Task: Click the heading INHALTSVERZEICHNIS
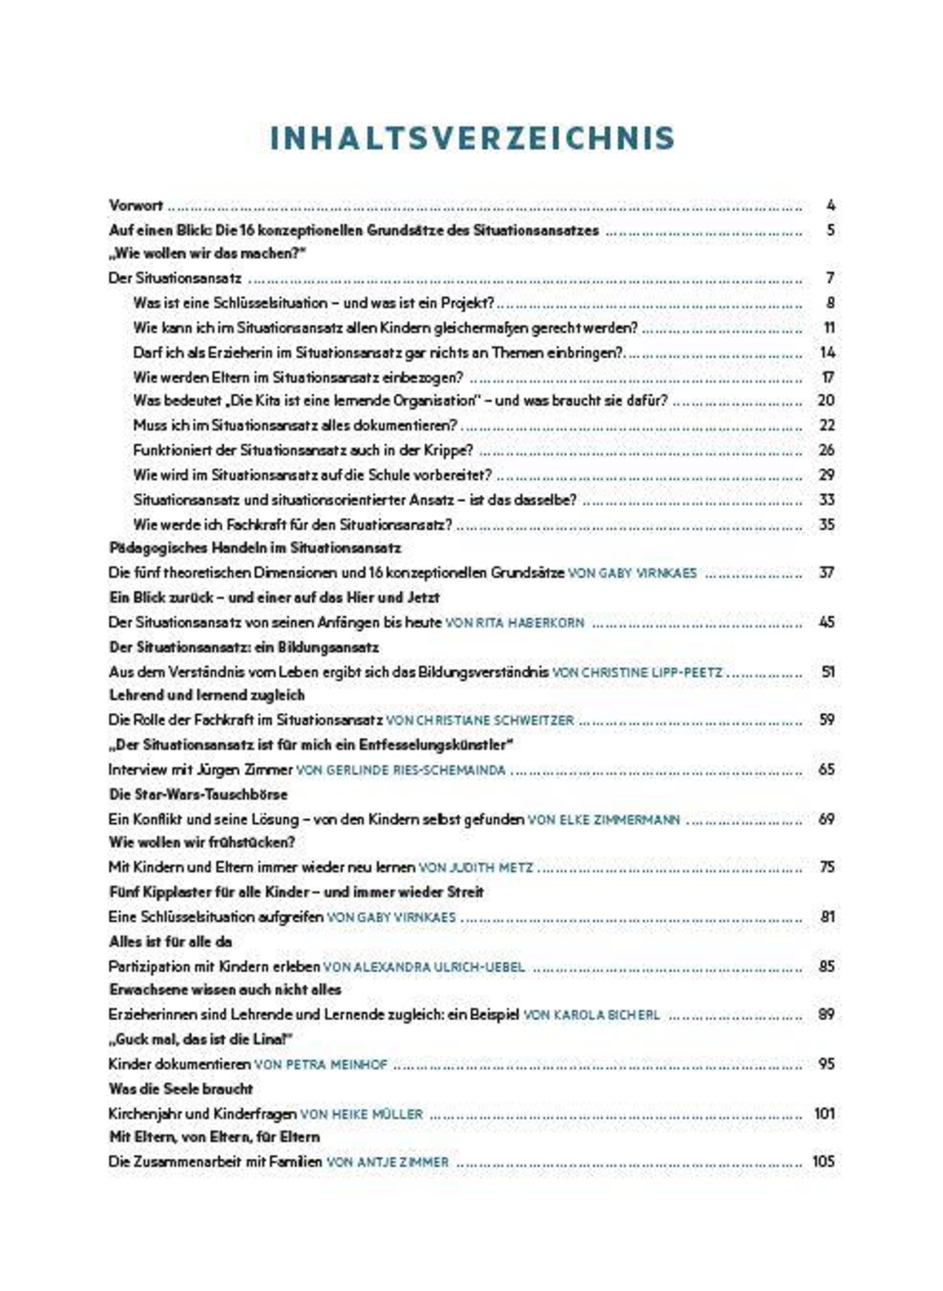point(472,139)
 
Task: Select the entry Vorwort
point(136,205)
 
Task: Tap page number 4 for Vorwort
point(831,205)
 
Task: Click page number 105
point(823,1161)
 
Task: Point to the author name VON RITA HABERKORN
point(514,623)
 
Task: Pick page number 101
point(824,1113)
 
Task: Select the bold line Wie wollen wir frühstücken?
point(202,842)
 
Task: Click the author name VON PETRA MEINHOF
point(320,1064)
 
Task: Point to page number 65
point(827,769)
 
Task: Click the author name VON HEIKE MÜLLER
point(361,1113)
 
